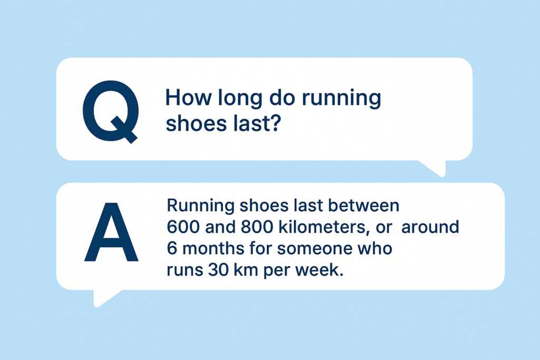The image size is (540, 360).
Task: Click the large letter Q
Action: (111, 111)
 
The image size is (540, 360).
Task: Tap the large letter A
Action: (111, 232)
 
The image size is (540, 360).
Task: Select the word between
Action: (364, 206)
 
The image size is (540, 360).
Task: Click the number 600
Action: (183, 227)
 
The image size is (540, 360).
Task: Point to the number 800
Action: (257, 227)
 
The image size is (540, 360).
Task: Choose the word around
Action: (430, 227)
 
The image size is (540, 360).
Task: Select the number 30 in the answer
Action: (218, 270)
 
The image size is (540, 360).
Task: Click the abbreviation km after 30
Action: (246, 270)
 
